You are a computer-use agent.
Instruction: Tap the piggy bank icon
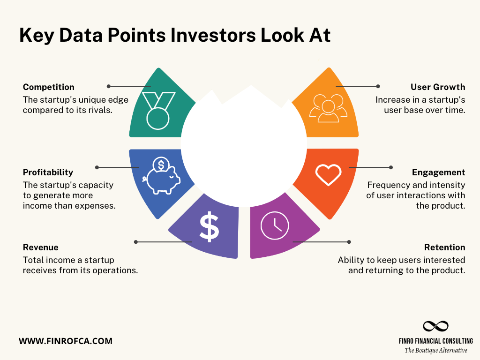160,176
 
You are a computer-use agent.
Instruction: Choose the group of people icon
328,107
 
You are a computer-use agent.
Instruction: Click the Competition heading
48,87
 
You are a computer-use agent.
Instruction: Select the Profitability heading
48,172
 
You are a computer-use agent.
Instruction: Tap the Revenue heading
40,247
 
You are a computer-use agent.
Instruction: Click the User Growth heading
438,87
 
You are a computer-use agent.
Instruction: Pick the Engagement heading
438,172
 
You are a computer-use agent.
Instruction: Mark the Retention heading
444,247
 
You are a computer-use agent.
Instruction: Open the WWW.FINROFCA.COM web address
66,341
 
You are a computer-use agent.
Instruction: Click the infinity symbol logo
435,326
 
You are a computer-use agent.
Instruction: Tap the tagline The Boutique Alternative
436,350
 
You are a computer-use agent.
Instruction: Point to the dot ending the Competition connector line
108,86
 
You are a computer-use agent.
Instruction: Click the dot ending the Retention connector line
349,242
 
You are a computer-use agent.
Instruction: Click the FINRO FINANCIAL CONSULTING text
436,341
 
